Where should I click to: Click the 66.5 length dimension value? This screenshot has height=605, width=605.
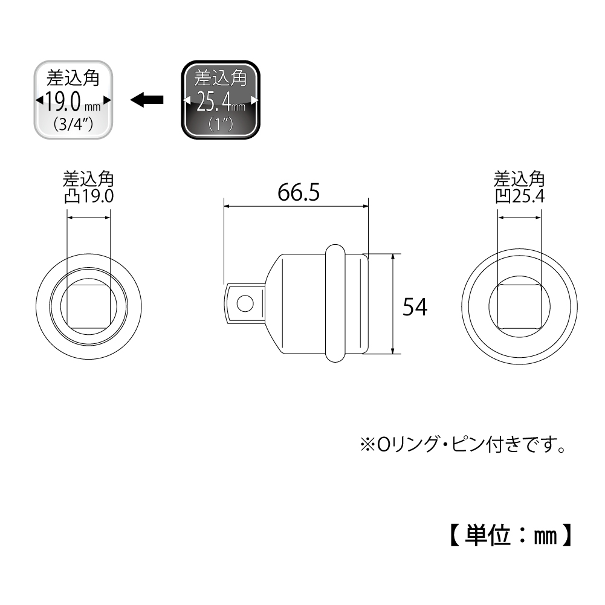299,192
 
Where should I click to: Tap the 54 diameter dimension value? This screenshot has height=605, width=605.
415,307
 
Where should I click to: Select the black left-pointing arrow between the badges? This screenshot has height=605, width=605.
147,100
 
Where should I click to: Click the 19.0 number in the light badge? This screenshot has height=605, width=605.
63,102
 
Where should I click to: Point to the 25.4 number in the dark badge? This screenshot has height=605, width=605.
214,102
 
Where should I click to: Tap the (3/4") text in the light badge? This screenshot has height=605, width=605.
73,124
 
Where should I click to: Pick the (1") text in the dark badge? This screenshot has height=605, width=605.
221,124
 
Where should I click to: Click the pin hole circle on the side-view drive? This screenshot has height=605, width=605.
245,303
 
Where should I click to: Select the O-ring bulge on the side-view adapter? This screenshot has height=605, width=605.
335,303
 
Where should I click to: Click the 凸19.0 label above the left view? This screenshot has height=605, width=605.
89,196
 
